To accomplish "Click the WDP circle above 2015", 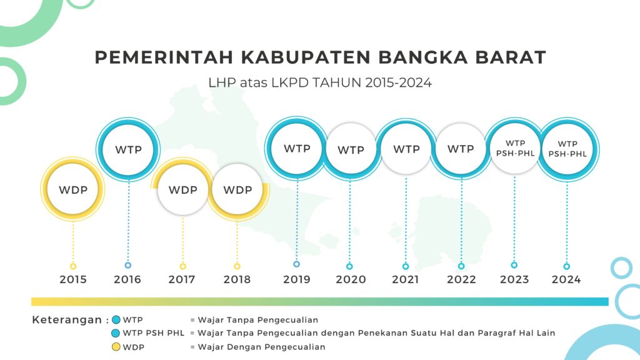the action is pyautogui.click(x=73, y=189).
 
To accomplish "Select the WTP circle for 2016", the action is pyautogui.click(x=128, y=149).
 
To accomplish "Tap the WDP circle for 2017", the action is pyautogui.click(x=183, y=189).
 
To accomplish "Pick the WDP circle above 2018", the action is pyautogui.click(x=237, y=189).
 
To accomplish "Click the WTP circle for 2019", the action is pyautogui.click(x=297, y=149).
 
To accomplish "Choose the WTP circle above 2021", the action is pyautogui.click(x=406, y=149).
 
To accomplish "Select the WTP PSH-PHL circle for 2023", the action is pyautogui.click(x=515, y=149).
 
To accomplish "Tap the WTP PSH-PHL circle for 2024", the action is pyautogui.click(x=567, y=149).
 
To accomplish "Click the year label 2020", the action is pyautogui.click(x=351, y=279).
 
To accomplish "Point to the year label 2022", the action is pyautogui.click(x=461, y=279).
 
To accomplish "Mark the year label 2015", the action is pyautogui.click(x=73, y=279).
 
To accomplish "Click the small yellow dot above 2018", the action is pyautogui.click(x=237, y=266).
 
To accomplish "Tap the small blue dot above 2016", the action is pyautogui.click(x=128, y=265).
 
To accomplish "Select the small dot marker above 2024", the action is pyautogui.click(x=566, y=266).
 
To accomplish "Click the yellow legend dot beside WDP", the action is pyautogui.click(x=116, y=347).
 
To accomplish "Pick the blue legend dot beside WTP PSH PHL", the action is pyautogui.click(x=116, y=333).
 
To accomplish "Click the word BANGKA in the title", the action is pyautogui.click(x=423, y=57).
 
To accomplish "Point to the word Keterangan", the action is pyautogui.click(x=67, y=319).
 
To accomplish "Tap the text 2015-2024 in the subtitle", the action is pyautogui.click(x=398, y=83).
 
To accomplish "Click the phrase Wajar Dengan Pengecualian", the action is pyautogui.click(x=262, y=347).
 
